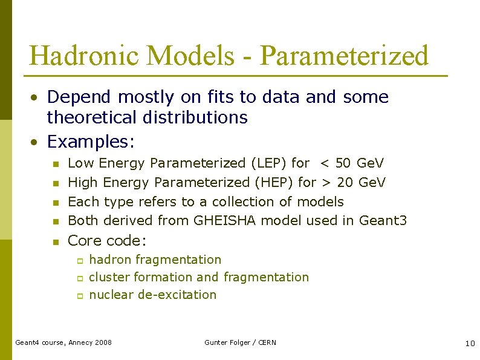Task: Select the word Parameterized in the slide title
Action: (344, 56)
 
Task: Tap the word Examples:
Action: (91, 142)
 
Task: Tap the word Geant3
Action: (383, 220)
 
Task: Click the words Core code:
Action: (107, 241)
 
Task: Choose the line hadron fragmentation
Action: (155, 260)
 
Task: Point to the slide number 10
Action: (470, 343)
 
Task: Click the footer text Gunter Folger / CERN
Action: (240, 342)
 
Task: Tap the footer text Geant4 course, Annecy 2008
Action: (63, 342)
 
